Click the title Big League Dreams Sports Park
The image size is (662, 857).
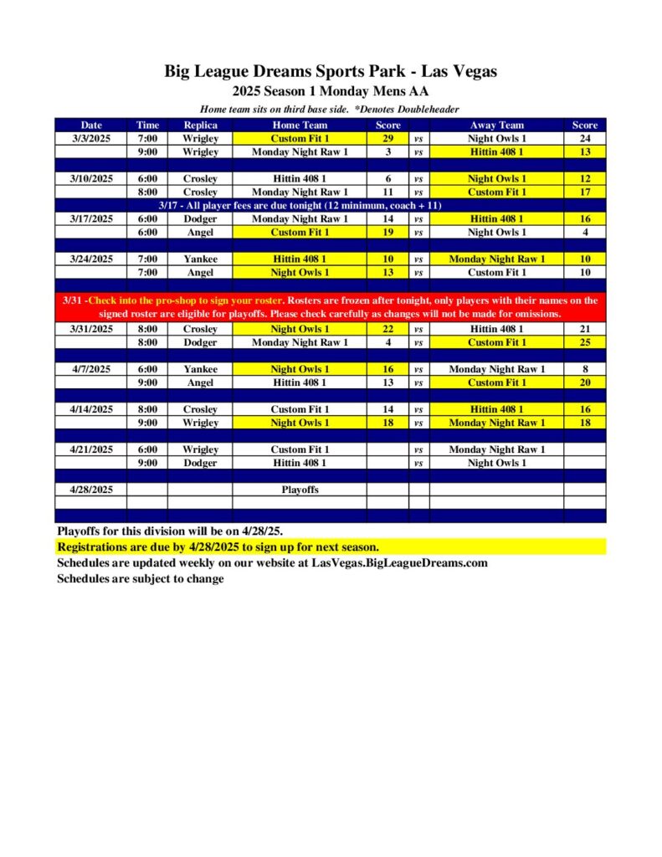click(x=331, y=72)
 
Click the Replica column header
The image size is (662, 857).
click(x=200, y=125)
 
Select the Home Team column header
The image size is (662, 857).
click(x=300, y=125)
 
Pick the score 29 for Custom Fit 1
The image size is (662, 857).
click(x=387, y=138)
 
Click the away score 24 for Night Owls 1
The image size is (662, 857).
click(x=584, y=138)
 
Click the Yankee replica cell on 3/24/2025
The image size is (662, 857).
click(x=200, y=259)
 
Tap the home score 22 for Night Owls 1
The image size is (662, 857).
click(x=387, y=329)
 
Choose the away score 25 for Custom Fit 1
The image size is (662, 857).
click(x=584, y=342)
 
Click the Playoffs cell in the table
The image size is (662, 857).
click(x=300, y=490)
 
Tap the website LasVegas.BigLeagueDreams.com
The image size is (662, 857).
click(x=399, y=562)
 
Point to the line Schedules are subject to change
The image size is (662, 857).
click(x=141, y=578)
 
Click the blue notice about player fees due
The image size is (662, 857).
click(x=300, y=205)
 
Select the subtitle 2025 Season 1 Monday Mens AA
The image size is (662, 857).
click(x=331, y=92)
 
